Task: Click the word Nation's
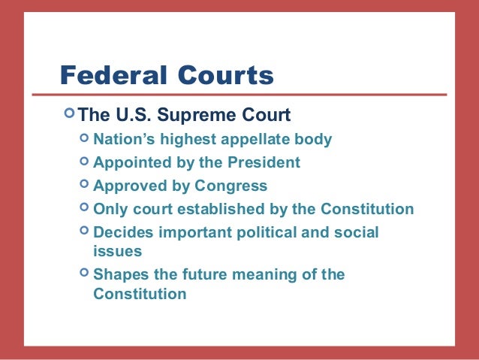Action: pos(120,140)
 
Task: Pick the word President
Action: pos(264,162)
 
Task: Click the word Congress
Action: pos(232,186)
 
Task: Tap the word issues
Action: pos(117,252)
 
